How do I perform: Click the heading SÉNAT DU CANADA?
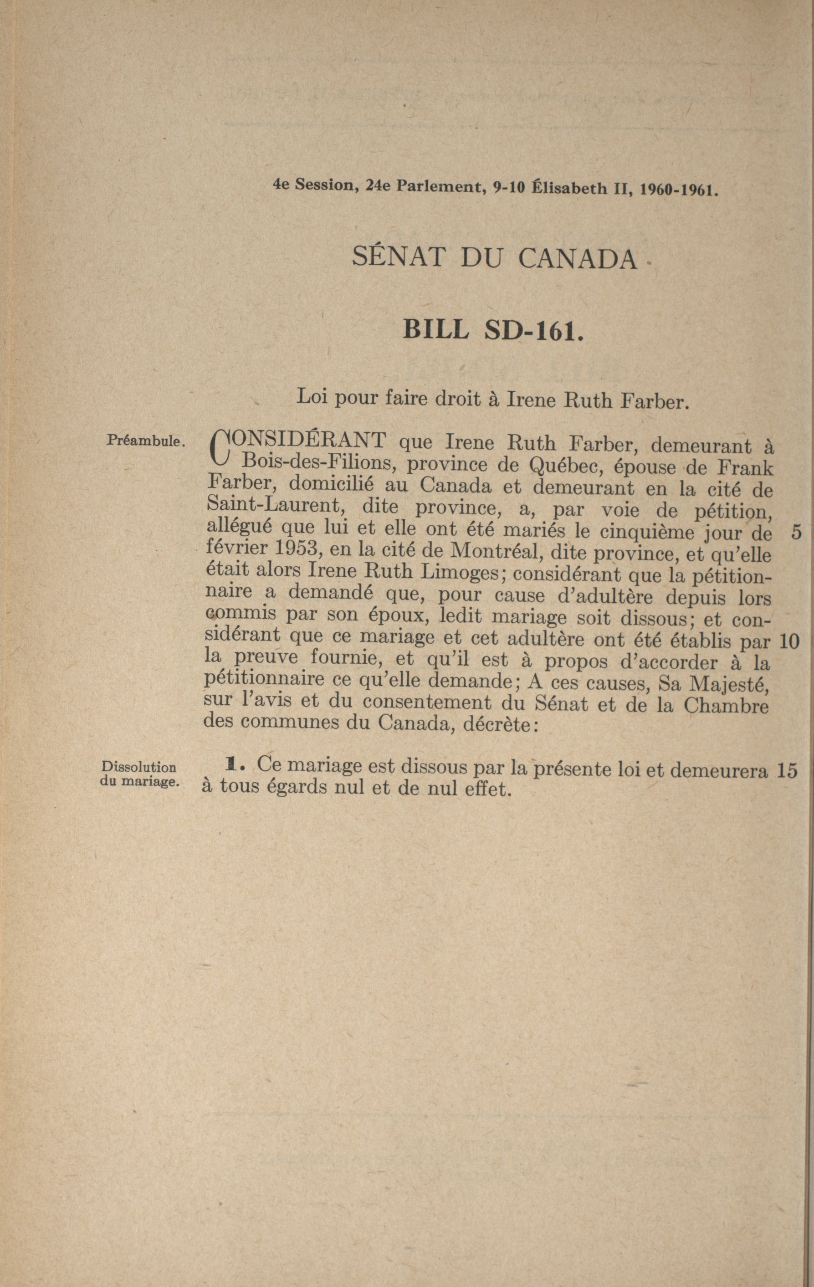point(494,259)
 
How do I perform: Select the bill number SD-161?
point(531,330)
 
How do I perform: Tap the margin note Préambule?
point(146,441)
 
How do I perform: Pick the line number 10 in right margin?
point(789,641)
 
